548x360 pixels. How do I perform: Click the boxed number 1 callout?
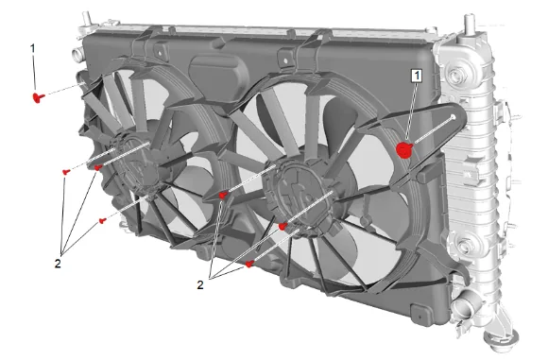[418, 77]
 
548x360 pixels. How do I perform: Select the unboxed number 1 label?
[33, 48]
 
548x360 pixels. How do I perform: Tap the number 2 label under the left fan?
[58, 264]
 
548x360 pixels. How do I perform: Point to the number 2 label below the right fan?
[200, 284]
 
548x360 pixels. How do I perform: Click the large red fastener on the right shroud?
[404, 150]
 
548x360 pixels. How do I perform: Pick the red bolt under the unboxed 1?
[39, 97]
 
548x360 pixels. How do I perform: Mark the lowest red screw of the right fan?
[249, 264]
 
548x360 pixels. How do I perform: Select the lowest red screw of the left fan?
[102, 220]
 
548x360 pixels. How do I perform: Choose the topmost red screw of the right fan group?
[223, 195]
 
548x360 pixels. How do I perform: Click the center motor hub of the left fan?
[134, 164]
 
